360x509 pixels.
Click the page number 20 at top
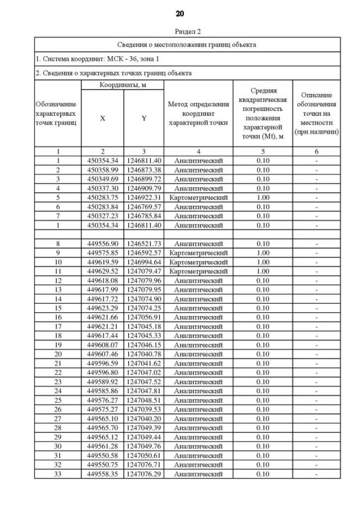coord(180,13)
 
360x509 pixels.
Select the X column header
coord(102,118)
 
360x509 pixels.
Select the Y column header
coord(144,118)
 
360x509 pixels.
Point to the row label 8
coord(58,244)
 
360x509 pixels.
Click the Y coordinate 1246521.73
coord(144,244)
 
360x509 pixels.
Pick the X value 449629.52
coord(102,271)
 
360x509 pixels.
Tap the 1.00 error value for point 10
coord(263,262)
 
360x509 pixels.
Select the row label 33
coord(58,474)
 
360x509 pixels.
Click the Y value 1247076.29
coord(144,474)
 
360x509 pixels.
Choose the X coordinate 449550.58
coord(102,456)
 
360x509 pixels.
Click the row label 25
coord(58,400)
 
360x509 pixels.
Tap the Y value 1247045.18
coord(144,327)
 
